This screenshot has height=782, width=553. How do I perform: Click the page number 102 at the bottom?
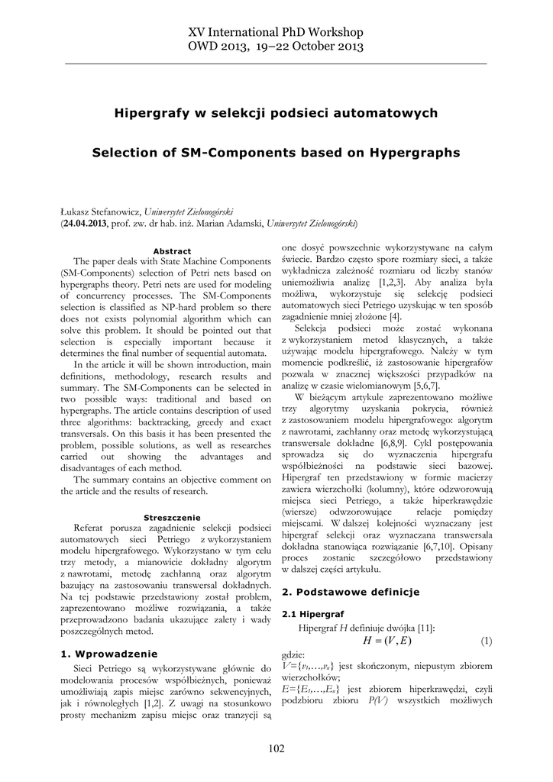point(276,748)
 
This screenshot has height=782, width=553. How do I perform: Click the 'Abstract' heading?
point(172,250)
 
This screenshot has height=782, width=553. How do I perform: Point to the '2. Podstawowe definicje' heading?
point(351,591)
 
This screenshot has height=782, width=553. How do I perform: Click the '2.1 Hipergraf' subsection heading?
point(313,613)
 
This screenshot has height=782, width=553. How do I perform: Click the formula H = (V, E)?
point(387,640)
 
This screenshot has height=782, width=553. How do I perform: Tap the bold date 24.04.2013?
point(86,223)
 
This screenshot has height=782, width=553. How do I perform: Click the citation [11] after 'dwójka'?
point(424,627)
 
